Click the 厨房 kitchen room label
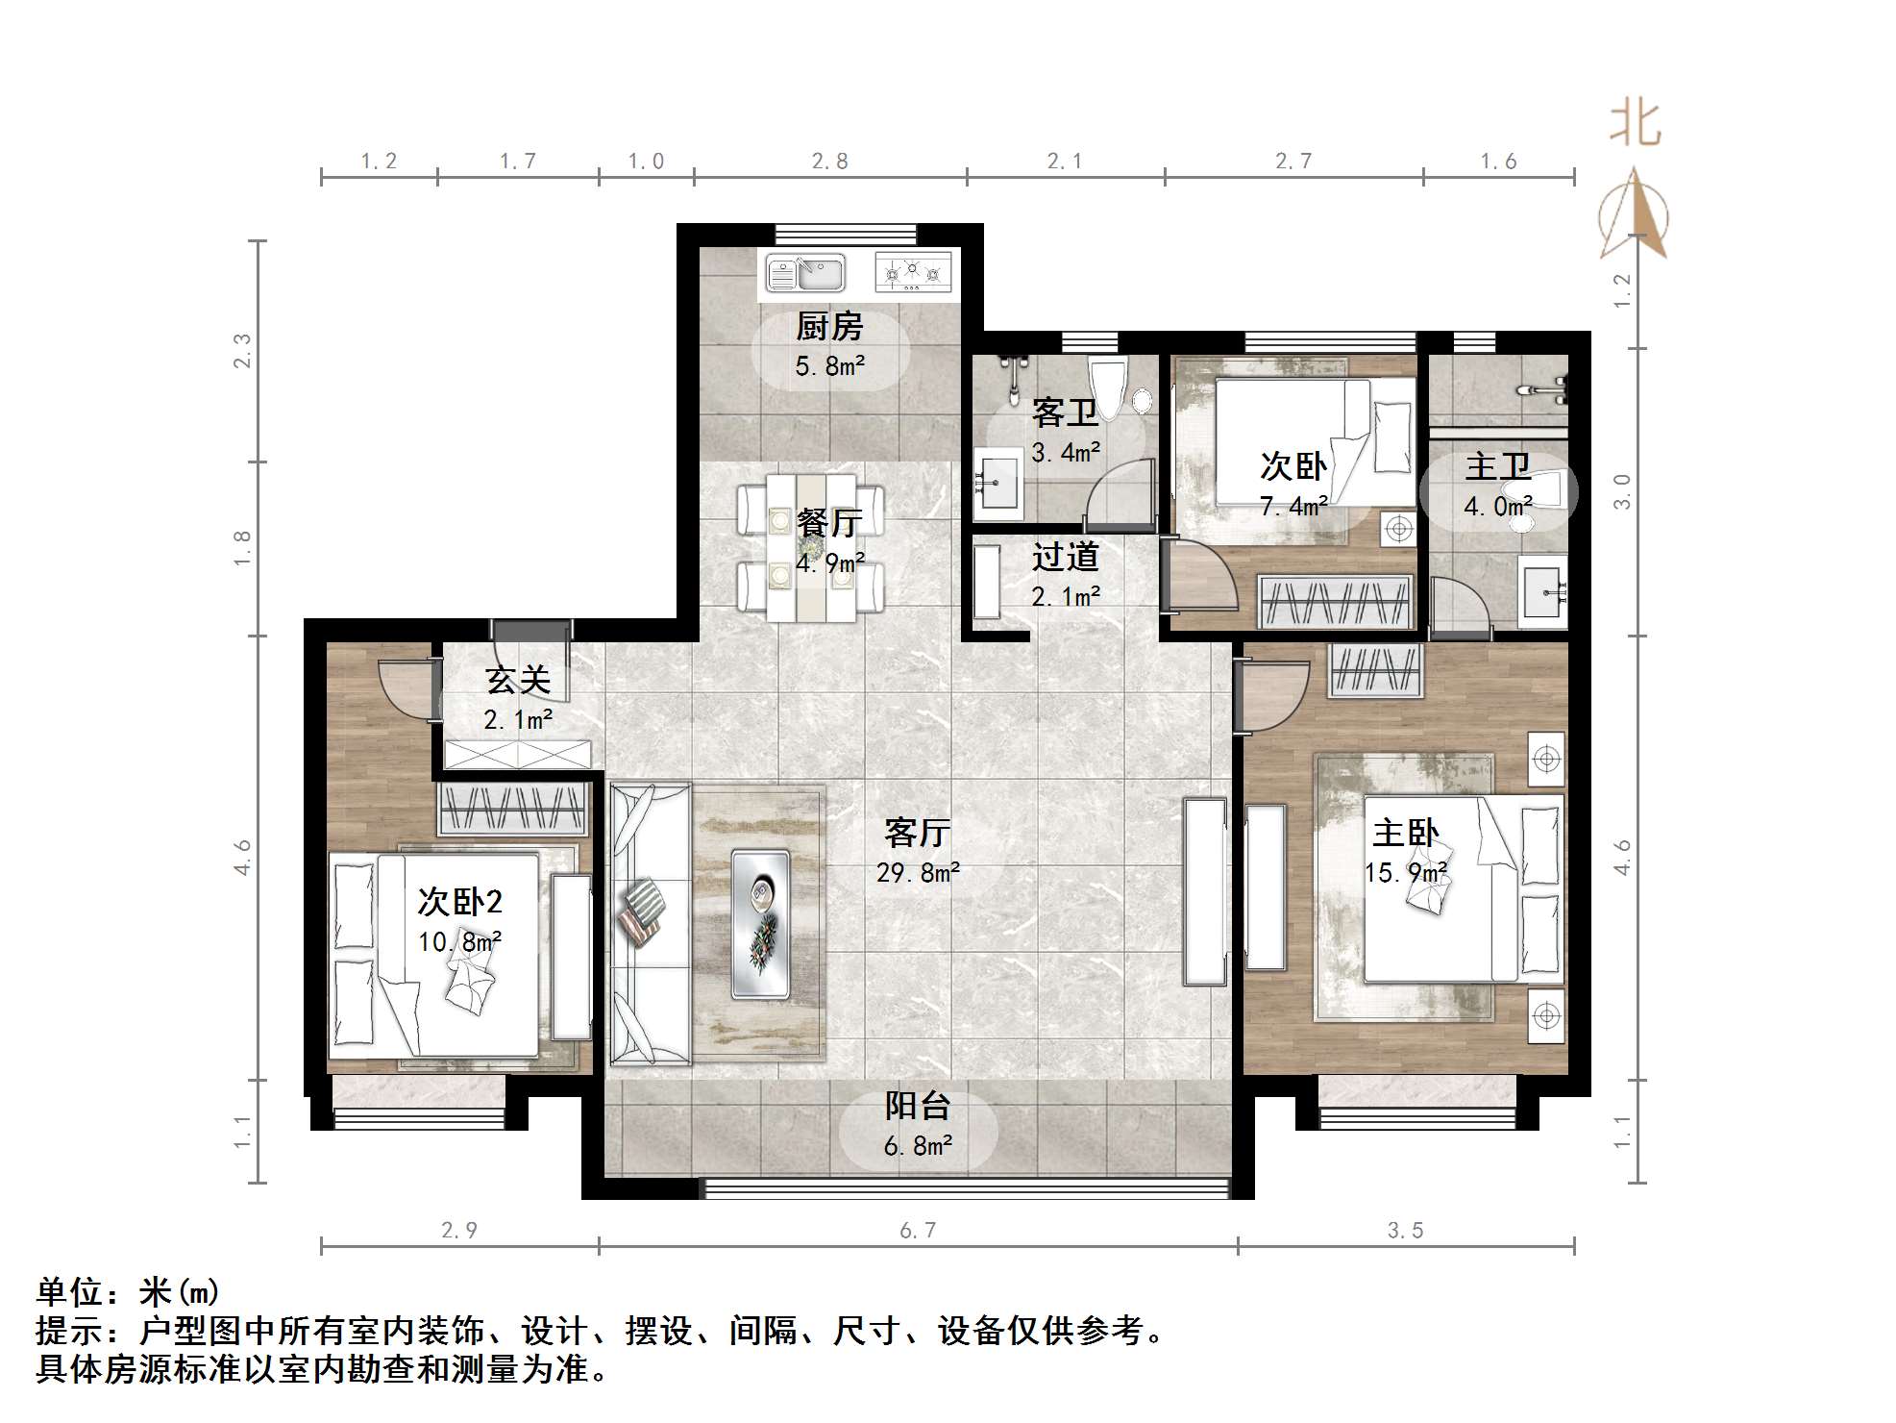[828, 327]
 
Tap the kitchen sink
[805, 274]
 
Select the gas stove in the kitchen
[913, 273]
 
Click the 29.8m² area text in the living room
[918, 873]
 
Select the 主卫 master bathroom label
[1497, 467]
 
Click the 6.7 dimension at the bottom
[918, 1230]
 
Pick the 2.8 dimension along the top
[829, 162]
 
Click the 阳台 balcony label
[918, 1107]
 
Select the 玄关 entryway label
[518, 681]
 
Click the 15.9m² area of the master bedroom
[1406, 873]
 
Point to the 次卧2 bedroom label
[459, 902]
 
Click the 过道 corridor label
[1065, 557]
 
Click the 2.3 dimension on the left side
[242, 351]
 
